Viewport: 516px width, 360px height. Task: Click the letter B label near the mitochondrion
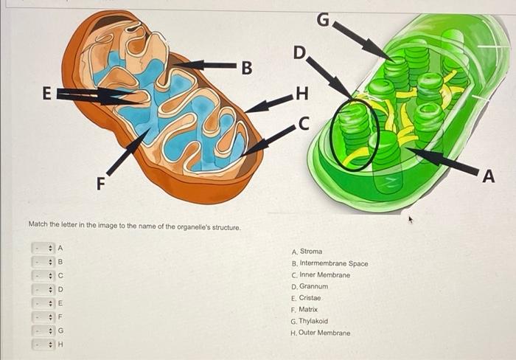(247, 68)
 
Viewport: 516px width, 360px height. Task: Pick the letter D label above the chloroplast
(299, 52)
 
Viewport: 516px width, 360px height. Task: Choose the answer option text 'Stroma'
(310, 252)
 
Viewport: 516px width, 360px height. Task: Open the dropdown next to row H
(43, 344)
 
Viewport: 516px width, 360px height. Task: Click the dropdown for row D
(43, 288)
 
